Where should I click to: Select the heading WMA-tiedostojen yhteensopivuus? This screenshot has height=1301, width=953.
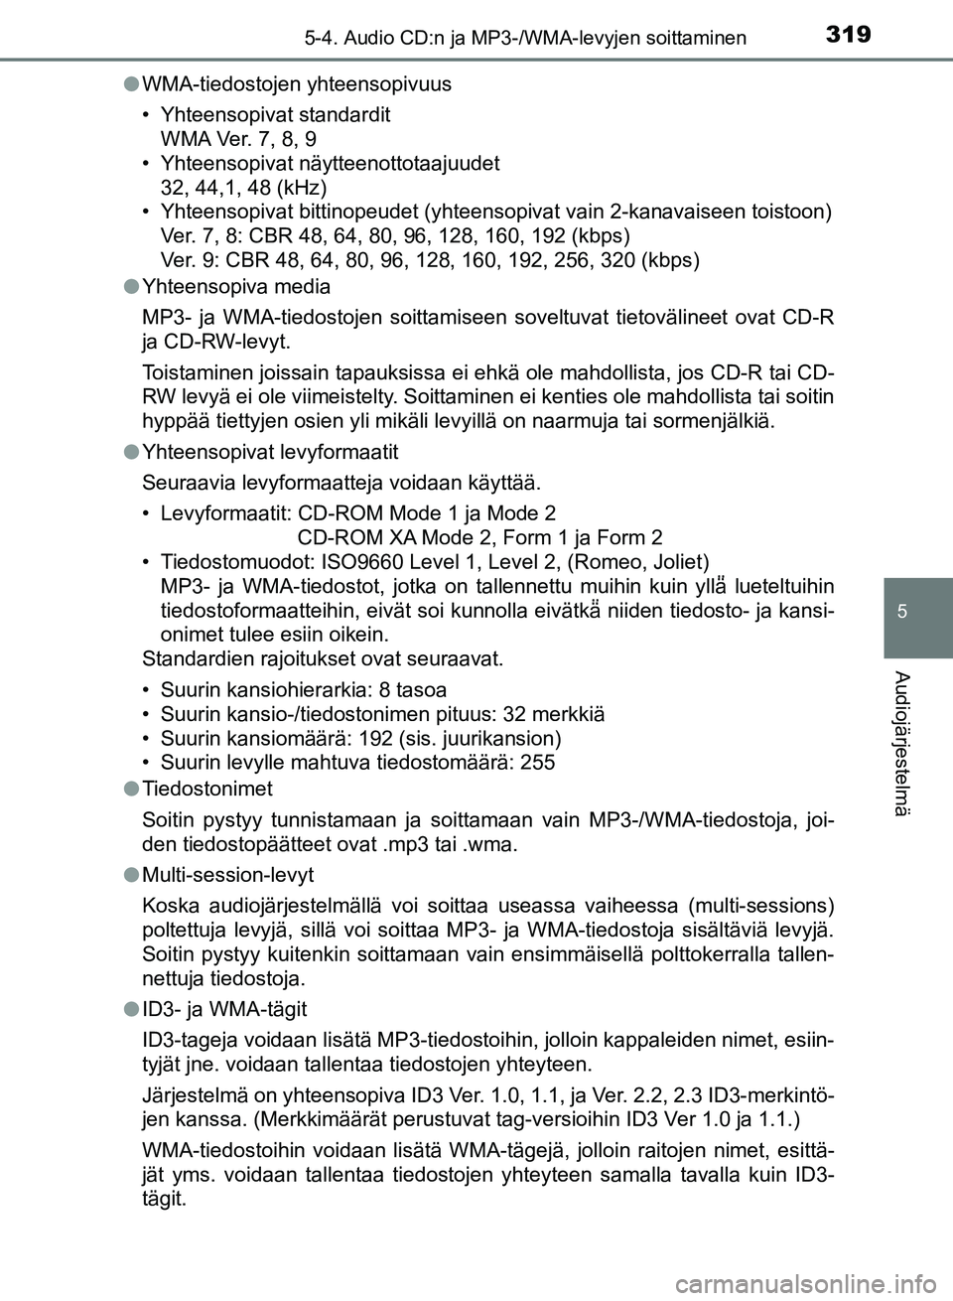pyautogui.click(x=297, y=83)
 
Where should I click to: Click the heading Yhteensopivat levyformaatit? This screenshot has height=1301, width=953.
pyautogui.click(x=270, y=452)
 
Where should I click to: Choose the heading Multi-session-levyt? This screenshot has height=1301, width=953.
pyautogui.click(x=228, y=875)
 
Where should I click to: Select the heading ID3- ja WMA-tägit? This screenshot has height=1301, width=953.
pyautogui.click(x=225, y=1009)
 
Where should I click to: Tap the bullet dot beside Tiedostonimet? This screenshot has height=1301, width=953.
pyautogui.click(x=132, y=789)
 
